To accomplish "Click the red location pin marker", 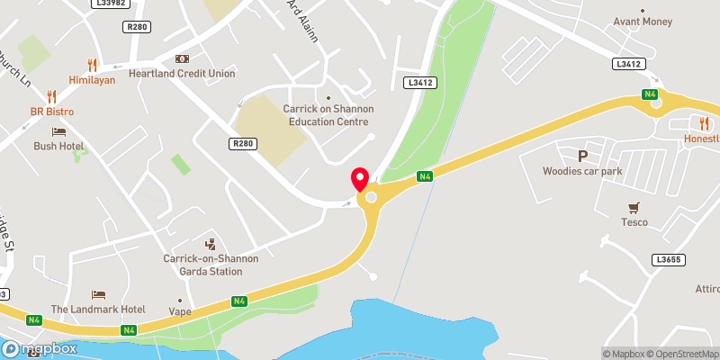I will click(x=360, y=177).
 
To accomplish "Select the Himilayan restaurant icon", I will click(x=92, y=65).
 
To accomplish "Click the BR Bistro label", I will click(x=51, y=112).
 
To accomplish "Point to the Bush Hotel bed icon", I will click(x=58, y=131).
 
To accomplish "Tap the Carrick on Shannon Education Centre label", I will click(x=328, y=115).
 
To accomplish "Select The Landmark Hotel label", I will click(x=98, y=309).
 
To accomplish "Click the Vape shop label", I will click(x=180, y=313).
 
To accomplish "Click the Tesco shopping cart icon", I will click(x=634, y=206).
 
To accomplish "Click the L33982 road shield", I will click(x=110, y=4).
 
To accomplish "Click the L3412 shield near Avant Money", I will click(x=628, y=64).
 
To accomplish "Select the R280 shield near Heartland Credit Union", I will click(x=138, y=27).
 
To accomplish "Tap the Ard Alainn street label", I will click(x=298, y=13).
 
